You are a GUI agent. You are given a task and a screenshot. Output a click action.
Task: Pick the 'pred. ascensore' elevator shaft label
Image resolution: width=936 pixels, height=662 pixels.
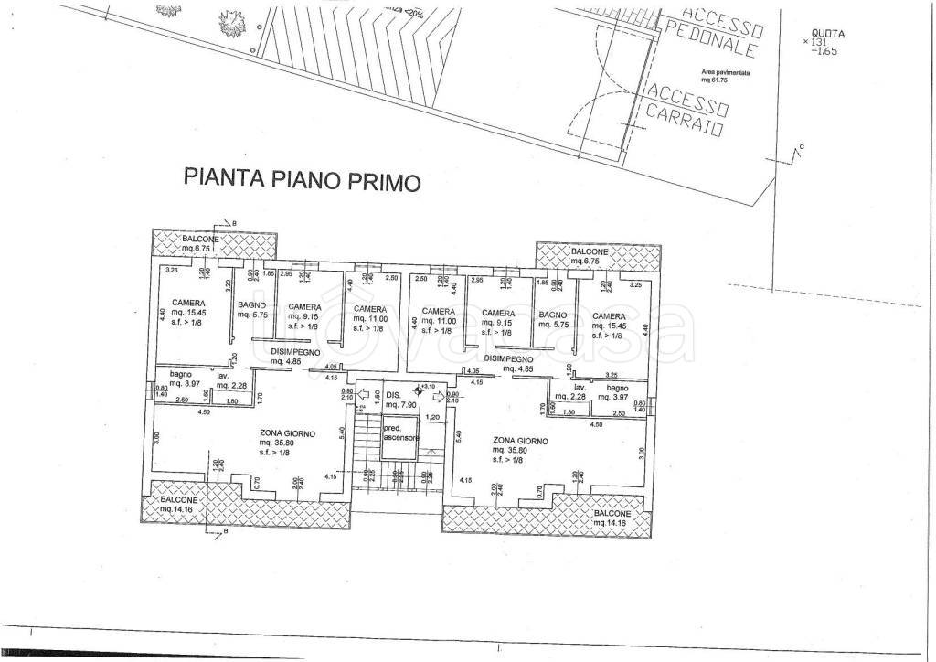[400, 432]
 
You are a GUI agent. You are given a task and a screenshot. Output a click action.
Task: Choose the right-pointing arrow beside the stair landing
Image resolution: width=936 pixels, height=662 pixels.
[439, 396]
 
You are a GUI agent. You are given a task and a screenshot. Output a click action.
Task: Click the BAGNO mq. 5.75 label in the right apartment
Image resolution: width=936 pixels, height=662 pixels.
[553, 318]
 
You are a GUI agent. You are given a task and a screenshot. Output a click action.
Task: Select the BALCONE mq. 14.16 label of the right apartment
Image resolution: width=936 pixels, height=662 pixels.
[611, 518]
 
